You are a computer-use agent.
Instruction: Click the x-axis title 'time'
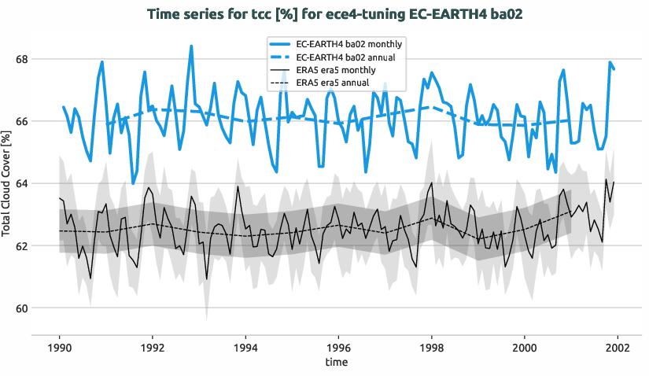[x=338, y=362]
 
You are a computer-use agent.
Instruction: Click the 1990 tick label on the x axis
[x=60, y=347]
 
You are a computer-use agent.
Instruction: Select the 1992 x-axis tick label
[x=153, y=347]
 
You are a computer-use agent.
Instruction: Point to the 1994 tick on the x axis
[x=245, y=347]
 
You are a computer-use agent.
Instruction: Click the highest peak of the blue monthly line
[x=191, y=46]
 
